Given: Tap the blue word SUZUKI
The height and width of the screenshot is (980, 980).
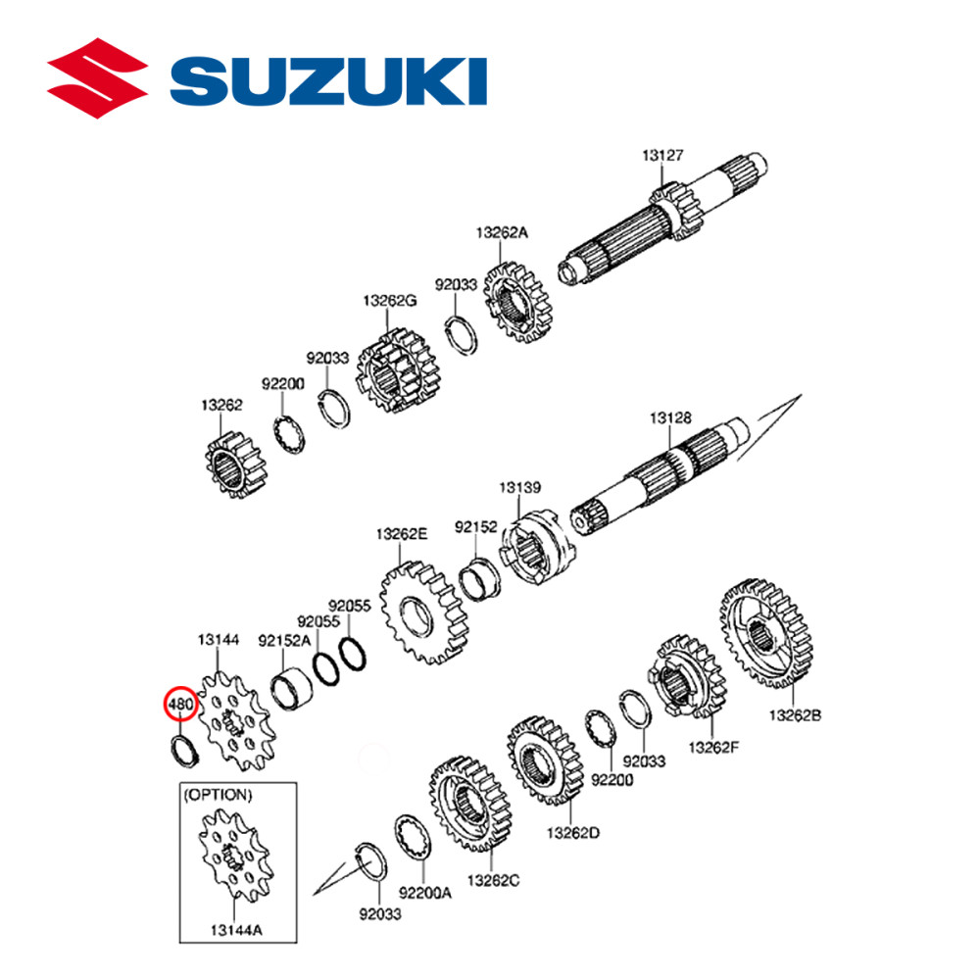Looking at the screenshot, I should pyautogui.click(x=332, y=80).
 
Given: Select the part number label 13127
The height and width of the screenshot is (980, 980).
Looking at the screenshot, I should pyautogui.click(x=663, y=156).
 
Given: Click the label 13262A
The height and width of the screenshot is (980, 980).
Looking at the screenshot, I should pyautogui.click(x=502, y=232).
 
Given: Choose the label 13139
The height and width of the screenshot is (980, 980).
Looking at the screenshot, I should pyautogui.click(x=518, y=486).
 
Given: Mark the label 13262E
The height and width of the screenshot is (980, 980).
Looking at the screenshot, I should pyautogui.click(x=402, y=534).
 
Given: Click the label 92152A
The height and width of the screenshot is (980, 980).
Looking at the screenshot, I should pyautogui.click(x=284, y=641).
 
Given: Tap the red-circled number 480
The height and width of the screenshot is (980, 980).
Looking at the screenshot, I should pyautogui.click(x=181, y=705).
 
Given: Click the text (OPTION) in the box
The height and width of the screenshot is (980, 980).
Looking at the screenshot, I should pyautogui.click(x=218, y=794).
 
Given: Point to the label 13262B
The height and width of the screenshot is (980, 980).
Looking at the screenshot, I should pyautogui.click(x=795, y=715).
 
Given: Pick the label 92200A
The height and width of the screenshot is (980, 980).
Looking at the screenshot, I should pyautogui.click(x=425, y=893).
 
